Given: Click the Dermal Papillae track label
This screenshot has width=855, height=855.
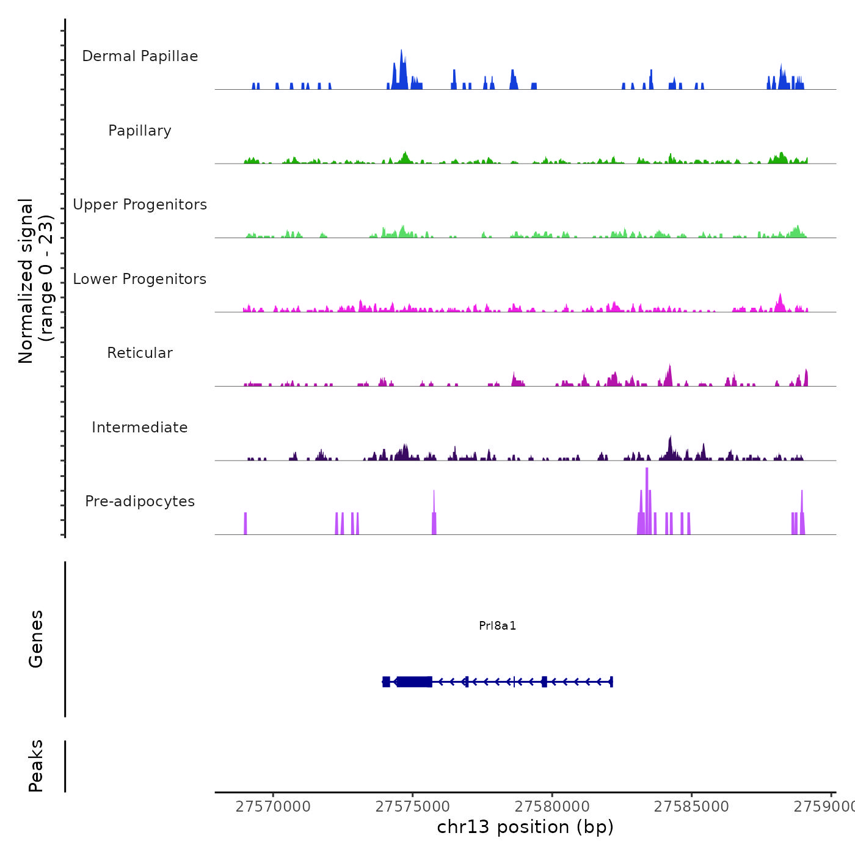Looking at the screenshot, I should [140, 56].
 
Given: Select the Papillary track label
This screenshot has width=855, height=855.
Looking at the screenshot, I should [140, 131].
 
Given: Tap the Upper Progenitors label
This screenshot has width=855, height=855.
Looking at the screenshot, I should [140, 205].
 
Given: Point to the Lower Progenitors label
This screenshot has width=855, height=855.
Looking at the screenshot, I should [140, 279].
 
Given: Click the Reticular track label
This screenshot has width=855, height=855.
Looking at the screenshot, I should [140, 353].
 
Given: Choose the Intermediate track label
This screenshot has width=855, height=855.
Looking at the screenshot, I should [140, 428].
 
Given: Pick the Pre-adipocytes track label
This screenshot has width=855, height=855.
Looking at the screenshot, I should [140, 501].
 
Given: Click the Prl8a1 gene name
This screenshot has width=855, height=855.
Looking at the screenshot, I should [498, 625].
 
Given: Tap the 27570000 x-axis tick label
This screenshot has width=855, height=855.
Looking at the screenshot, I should [273, 807].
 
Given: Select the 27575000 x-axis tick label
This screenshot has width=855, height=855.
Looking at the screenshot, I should [412, 807].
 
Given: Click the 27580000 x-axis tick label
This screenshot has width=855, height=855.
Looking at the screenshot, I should [552, 807].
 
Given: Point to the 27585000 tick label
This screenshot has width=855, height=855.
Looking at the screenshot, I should [691, 807].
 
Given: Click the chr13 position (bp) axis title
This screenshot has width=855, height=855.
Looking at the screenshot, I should [525, 827].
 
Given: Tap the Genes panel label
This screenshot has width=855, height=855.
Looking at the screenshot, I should [35, 639].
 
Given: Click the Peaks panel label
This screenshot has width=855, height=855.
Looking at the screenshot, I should [35, 766].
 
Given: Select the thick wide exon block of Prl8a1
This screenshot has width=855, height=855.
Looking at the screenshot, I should [415, 682].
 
